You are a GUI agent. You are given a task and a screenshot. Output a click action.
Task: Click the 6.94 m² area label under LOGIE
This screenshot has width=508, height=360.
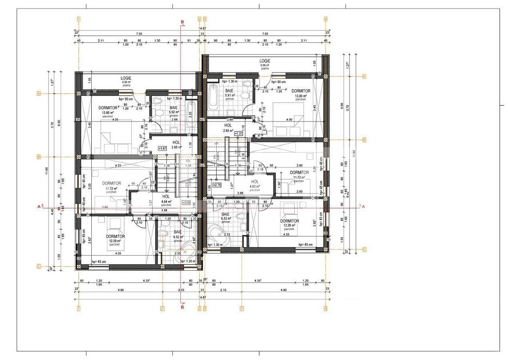[126, 82]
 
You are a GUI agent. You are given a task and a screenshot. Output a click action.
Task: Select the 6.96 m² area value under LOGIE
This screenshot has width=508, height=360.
[265, 65]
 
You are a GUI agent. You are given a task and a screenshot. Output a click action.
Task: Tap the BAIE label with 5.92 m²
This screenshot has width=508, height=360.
[173, 108]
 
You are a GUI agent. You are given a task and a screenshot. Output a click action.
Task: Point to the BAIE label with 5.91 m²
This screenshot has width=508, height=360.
[229, 91]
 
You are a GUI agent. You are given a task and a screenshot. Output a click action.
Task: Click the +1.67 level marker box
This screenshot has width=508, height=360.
[163, 148]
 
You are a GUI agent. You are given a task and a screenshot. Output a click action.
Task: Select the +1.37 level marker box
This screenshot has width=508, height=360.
[239, 133]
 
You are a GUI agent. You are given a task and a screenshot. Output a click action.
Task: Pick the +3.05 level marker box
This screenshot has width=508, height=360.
[186, 202]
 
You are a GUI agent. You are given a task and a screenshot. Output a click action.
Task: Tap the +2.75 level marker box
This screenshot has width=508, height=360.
[217, 185]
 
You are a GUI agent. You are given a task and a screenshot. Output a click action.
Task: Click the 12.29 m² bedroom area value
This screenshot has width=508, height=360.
[114, 241]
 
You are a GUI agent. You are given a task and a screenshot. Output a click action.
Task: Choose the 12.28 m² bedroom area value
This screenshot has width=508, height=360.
[289, 225]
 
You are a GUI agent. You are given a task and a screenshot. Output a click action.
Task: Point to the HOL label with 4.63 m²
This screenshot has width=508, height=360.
[255, 181]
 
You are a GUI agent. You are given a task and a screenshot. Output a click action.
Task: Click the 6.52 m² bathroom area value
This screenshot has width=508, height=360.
[177, 237]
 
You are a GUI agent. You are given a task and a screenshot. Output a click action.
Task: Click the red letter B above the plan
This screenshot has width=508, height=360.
[182, 22]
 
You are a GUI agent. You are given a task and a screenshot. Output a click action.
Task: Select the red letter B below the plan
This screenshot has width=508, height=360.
[182, 308]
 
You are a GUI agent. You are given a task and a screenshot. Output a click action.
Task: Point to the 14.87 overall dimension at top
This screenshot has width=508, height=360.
[203, 28]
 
